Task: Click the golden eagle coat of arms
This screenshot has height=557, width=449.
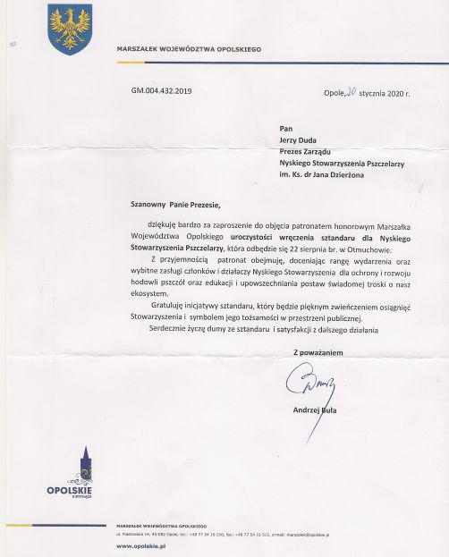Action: pos(69,29)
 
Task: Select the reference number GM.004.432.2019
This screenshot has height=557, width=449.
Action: pos(161,90)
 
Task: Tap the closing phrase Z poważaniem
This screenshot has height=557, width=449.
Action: pos(318,352)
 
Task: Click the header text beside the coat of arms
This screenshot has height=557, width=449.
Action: pos(189,49)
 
